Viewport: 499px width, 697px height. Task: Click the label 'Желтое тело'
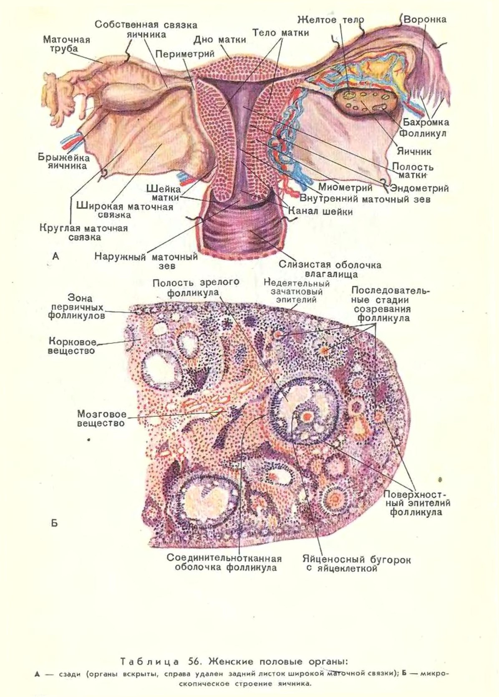(x=331, y=20)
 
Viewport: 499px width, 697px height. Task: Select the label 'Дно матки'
(x=220, y=40)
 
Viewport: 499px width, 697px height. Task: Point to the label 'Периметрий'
(x=185, y=54)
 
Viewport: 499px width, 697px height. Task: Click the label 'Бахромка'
(x=426, y=122)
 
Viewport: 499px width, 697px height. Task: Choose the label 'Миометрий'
(x=345, y=187)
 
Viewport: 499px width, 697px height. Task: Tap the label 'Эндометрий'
(x=419, y=188)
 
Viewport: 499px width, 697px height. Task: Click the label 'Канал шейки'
(x=320, y=211)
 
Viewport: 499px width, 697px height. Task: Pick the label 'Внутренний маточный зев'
(x=365, y=199)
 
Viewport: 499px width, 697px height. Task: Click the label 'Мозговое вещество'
(x=101, y=418)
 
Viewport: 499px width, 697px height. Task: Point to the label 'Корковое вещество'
(x=72, y=346)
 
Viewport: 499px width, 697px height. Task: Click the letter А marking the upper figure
(x=55, y=256)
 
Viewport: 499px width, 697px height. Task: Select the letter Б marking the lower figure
(x=54, y=523)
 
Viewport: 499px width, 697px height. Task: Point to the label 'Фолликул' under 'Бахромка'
(x=423, y=134)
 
